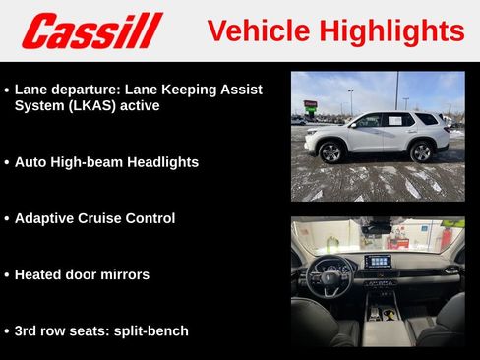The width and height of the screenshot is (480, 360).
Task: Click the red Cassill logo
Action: (91, 30)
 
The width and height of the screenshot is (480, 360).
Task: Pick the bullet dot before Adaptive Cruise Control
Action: (7, 219)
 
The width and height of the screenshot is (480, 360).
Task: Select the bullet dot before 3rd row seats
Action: (7, 331)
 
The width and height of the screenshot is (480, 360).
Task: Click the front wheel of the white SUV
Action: (330, 152)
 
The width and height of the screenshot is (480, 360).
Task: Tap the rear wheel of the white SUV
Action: (421, 151)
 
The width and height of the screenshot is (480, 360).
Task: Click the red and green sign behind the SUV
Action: (310, 103)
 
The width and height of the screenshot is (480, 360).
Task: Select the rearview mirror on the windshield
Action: (378, 228)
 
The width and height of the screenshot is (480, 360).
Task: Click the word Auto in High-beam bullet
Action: (31, 162)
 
